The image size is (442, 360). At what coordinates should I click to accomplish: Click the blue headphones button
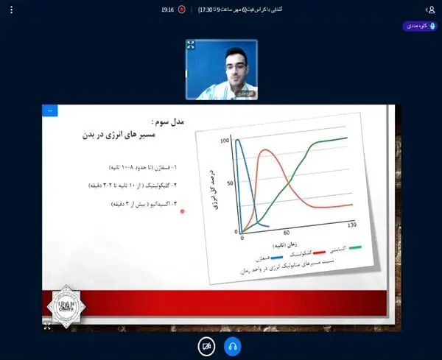point(232,346)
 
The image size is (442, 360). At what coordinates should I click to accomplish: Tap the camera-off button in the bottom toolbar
point(207,346)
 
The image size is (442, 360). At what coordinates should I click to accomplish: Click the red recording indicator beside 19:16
point(181,10)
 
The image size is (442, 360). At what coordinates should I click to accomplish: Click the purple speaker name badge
point(420,26)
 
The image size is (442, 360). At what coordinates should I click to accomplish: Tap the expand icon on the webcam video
point(191,45)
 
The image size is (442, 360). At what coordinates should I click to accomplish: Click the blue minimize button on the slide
point(50,111)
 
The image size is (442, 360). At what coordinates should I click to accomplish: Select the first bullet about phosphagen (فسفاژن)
point(143,167)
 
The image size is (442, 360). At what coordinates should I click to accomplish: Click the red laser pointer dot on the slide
point(182,211)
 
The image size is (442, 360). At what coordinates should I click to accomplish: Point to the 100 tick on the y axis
point(225,140)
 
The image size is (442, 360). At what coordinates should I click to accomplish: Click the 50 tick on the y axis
point(229,183)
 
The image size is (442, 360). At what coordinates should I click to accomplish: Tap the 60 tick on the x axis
point(287,231)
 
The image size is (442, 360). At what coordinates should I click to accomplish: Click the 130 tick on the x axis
point(351,225)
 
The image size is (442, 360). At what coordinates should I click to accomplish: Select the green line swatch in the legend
point(356,249)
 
